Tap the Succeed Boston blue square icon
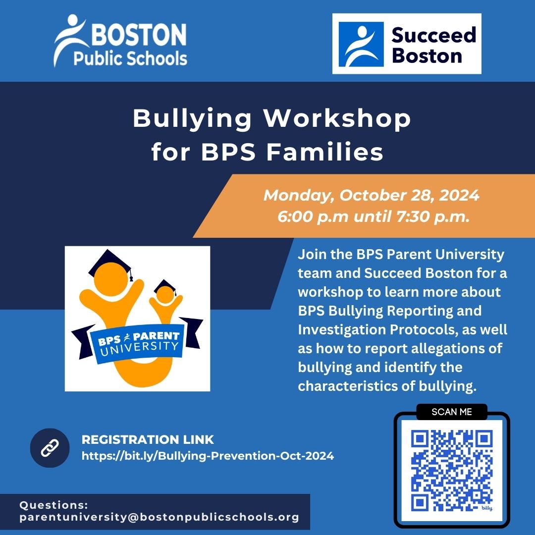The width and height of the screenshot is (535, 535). [361, 44]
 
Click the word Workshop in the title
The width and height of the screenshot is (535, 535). [337, 119]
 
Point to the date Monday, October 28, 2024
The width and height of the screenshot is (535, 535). [371, 195]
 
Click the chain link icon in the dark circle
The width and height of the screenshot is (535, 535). [50, 448]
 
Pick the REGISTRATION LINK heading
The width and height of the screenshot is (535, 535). [148, 439]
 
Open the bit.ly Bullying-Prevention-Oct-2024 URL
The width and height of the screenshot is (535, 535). [208, 455]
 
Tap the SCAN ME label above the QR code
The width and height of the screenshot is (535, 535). [451, 412]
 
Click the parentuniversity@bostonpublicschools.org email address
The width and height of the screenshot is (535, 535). [159, 517]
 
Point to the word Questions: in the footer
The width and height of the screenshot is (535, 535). [53, 505]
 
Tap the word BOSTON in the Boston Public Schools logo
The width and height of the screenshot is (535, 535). [138, 36]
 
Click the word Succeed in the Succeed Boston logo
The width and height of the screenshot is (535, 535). [433, 35]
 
